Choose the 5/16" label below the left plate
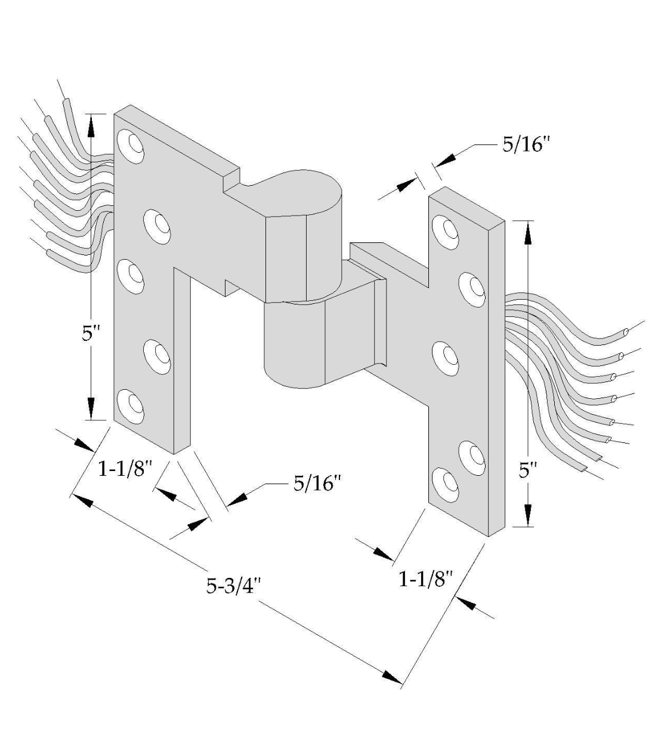pos(316,483)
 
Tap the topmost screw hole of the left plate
pos(131,144)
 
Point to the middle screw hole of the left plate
pos(131,275)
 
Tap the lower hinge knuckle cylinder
pos(294,346)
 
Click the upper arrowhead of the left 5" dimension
pos(91,125)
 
